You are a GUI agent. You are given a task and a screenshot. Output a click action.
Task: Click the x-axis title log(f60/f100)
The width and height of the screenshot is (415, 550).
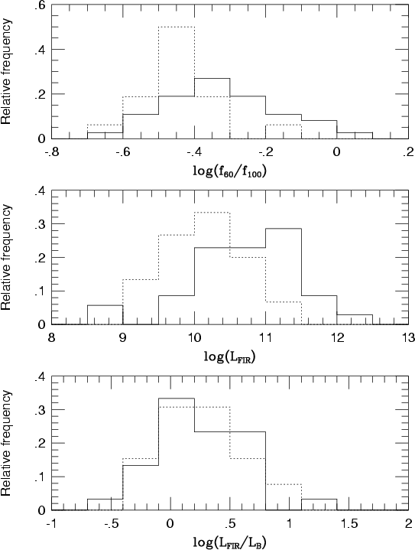pyautogui.click(x=229, y=171)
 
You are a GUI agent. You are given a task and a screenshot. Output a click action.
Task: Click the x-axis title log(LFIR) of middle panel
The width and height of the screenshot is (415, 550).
pyautogui.click(x=229, y=357)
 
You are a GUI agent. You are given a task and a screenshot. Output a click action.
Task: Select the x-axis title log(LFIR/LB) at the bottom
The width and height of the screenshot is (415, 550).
pyautogui.click(x=229, y=542)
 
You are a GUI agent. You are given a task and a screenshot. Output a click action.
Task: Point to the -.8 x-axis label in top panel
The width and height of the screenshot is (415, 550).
pyautogui.click(x=51, y=152)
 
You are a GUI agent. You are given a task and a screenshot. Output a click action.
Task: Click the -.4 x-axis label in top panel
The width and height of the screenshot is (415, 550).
pyautogui.click(x=194, y=152)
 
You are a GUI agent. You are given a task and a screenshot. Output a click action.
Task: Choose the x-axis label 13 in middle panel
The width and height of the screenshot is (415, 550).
pyautogui.click(x=408, y=338)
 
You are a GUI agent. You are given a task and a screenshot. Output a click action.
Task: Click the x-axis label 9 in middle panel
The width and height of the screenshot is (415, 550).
pyautogui.click(x=123, y=338)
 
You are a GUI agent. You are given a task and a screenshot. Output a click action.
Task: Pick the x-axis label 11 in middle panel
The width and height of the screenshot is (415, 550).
pyautogui.click(x=265, y=338)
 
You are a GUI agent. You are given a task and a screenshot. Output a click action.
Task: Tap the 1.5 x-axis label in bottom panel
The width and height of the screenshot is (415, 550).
pyautogui.click(x=349, y=524)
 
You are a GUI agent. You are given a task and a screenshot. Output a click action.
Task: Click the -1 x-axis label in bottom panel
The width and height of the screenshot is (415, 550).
pyautogui.click(x=51, y=524)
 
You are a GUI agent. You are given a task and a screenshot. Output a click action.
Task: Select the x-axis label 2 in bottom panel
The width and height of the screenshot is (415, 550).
pyautogui.click(x=408, y=524)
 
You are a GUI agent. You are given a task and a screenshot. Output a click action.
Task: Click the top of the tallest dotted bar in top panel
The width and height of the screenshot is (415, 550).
pyautogui.click(x=177, y=27)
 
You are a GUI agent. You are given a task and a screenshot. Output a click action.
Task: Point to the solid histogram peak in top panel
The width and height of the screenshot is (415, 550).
pyautogui.click(x=212, y=78)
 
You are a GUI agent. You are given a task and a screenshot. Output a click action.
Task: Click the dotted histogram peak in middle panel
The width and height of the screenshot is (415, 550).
pyautogui.click(x=212, y=212)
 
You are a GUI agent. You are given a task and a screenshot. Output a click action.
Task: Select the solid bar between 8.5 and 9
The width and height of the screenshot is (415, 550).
pyautogui.click(x=105, y=315)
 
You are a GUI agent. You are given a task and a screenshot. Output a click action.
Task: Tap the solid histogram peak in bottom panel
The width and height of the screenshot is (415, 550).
pyautogui.click(x=177, y=398)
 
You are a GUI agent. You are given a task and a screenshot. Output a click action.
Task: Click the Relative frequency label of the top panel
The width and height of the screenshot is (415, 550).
pyautogui.click(x=6, y=72)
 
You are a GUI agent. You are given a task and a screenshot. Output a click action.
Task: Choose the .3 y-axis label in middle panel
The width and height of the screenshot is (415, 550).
pyautogui.click(x=40, y=224)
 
